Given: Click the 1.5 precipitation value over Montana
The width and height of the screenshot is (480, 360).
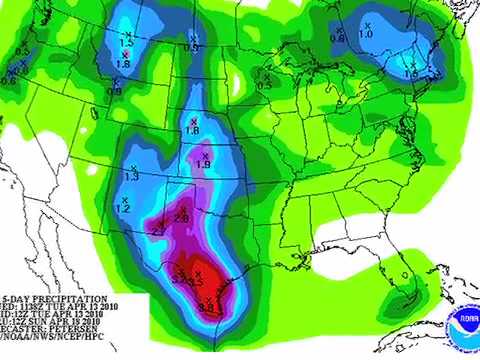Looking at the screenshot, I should pos(126,43).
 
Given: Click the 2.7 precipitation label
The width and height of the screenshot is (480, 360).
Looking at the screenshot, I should pos(158,231).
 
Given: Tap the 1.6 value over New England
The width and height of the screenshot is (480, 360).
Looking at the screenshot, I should pos(409,74).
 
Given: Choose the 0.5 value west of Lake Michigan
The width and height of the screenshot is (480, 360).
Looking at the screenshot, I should pos(264,85).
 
